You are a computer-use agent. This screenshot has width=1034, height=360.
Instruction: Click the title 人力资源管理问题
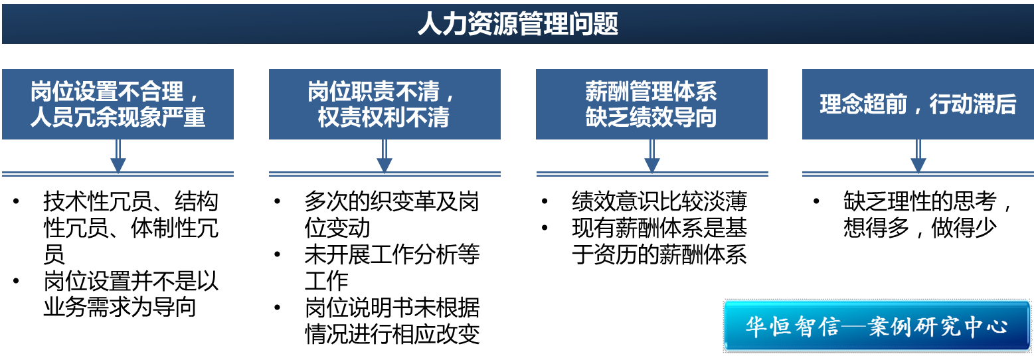coord(517,25)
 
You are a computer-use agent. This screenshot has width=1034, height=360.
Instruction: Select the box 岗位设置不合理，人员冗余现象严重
coord(118,104)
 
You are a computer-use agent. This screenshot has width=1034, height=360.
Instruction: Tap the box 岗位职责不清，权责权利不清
coord(384,104)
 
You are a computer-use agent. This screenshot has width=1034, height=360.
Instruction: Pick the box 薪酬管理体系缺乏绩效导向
coord(651,104)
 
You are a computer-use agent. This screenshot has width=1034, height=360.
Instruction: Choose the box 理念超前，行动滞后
coord(918,104)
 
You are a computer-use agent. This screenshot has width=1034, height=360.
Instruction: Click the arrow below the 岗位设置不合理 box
coord(118,157)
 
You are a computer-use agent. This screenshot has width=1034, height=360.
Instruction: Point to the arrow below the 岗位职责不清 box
coord(384,157)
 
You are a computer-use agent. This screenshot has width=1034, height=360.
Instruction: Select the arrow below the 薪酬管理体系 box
coord(651,157)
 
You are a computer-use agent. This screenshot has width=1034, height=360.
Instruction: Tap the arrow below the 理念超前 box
coord(918,157)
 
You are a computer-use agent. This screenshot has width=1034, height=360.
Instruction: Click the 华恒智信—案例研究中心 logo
coord(877,326)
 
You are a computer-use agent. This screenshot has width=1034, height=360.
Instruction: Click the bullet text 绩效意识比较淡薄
coord(659,201)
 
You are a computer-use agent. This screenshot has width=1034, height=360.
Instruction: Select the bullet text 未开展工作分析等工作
coord(392,268)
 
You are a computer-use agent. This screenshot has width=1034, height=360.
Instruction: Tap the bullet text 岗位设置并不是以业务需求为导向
coord(130,294)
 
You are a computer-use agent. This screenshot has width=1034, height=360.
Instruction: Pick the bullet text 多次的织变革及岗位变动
coord(392,215)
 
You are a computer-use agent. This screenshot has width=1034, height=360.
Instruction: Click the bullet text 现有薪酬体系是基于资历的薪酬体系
coord(659,241)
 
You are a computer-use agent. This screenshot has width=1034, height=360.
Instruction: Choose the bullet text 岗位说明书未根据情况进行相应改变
coord(392,321)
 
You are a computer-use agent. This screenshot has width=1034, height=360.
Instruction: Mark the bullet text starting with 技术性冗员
coord(130,228)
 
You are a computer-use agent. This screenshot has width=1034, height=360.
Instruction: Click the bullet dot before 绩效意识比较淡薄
coord(545,202)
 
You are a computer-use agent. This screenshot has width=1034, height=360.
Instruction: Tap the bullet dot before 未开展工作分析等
coord(278,255)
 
